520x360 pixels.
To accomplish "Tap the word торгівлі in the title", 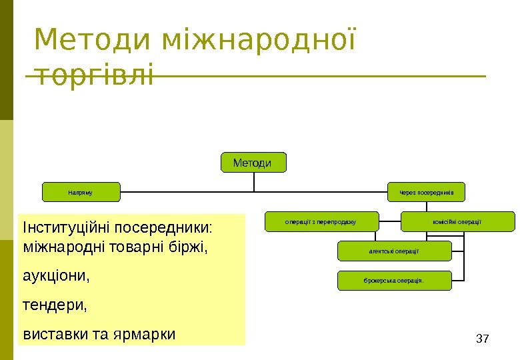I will (x=93, y=74).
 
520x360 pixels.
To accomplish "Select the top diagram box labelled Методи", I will (x=252, y=163).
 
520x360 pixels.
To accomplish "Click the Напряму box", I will (x=81, y=192).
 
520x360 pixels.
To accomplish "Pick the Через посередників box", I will (x=427, y=192).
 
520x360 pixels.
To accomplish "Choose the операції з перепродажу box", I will (x=322, y=221).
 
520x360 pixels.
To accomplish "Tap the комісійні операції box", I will (x=457, y=221).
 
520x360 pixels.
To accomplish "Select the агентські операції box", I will (x=395, y=251).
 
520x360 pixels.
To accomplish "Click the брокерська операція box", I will (x=395, y=281).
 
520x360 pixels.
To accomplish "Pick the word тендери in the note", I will (x=49, y=305).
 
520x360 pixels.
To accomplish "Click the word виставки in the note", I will (x=53, y=333).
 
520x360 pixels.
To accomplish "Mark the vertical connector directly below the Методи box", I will (x=253, y=182).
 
